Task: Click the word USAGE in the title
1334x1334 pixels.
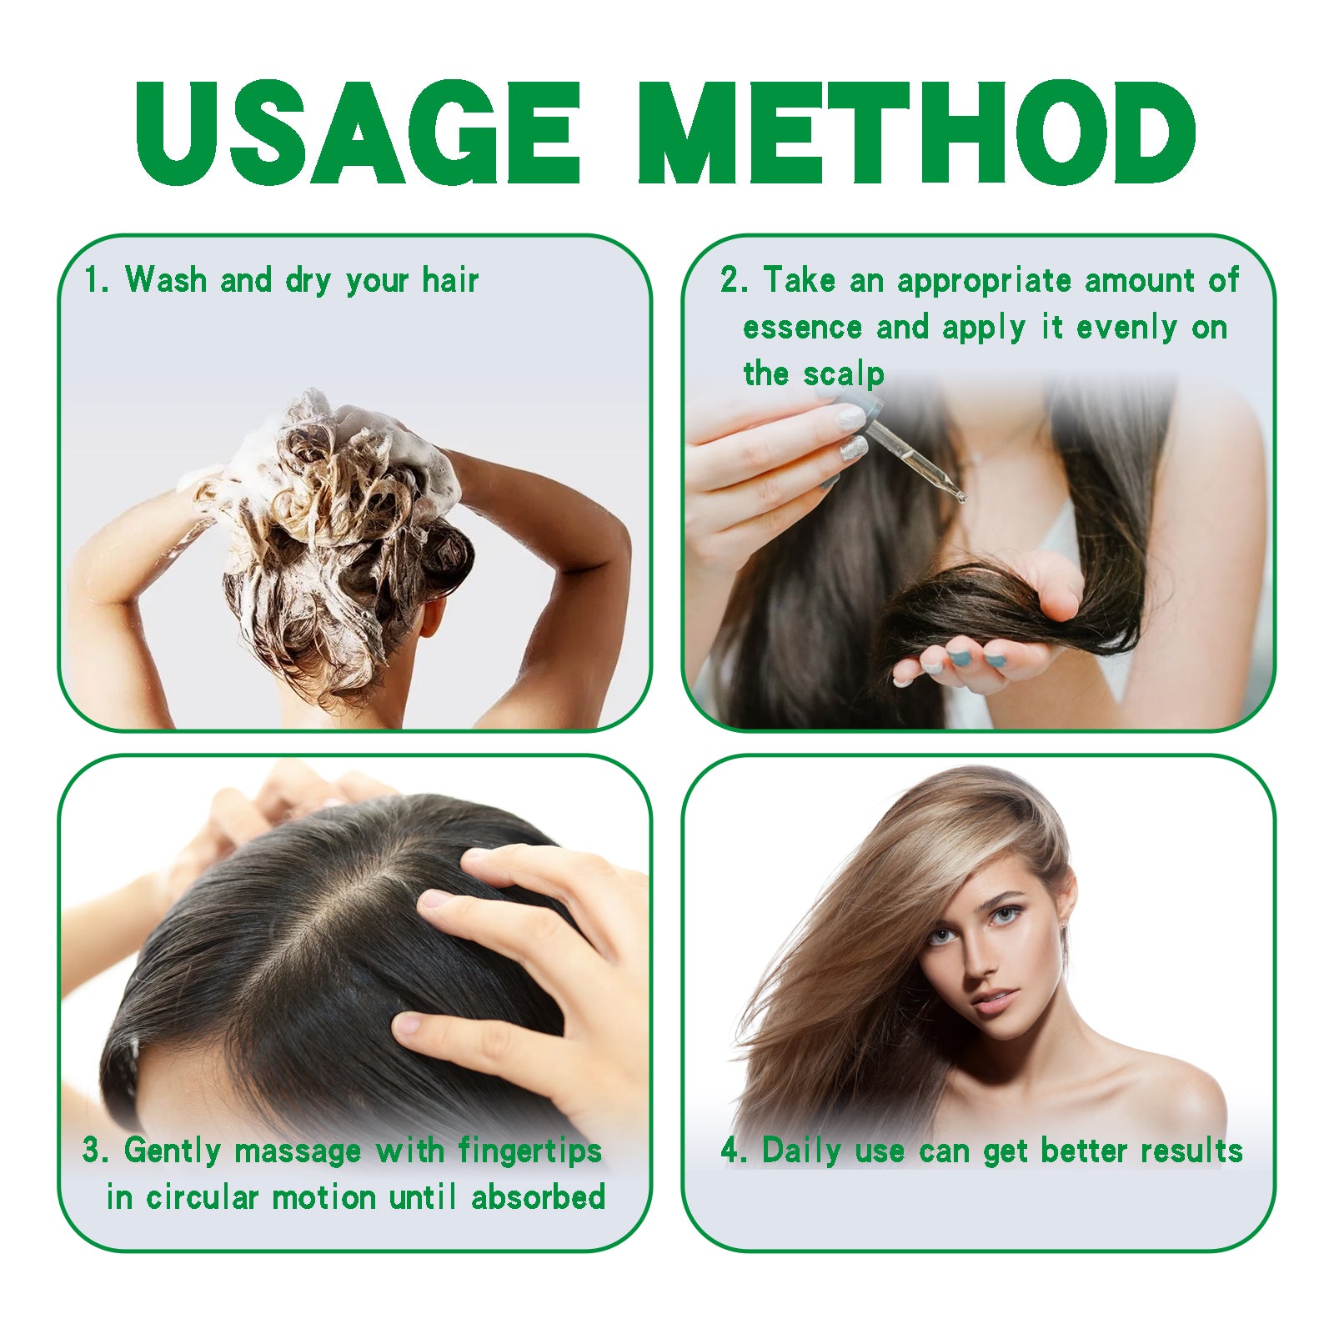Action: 357,133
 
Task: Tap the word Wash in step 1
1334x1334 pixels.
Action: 165,280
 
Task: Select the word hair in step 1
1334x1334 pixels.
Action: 450,280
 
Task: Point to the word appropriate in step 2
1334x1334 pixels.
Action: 984,281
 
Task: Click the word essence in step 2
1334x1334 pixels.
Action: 802,328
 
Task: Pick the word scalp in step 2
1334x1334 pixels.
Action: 844,374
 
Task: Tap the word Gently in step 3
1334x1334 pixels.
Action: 173,1151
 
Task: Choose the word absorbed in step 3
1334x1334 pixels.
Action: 539,1198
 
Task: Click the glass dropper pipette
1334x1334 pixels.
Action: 917,454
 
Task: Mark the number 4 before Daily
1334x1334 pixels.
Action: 730,1151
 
